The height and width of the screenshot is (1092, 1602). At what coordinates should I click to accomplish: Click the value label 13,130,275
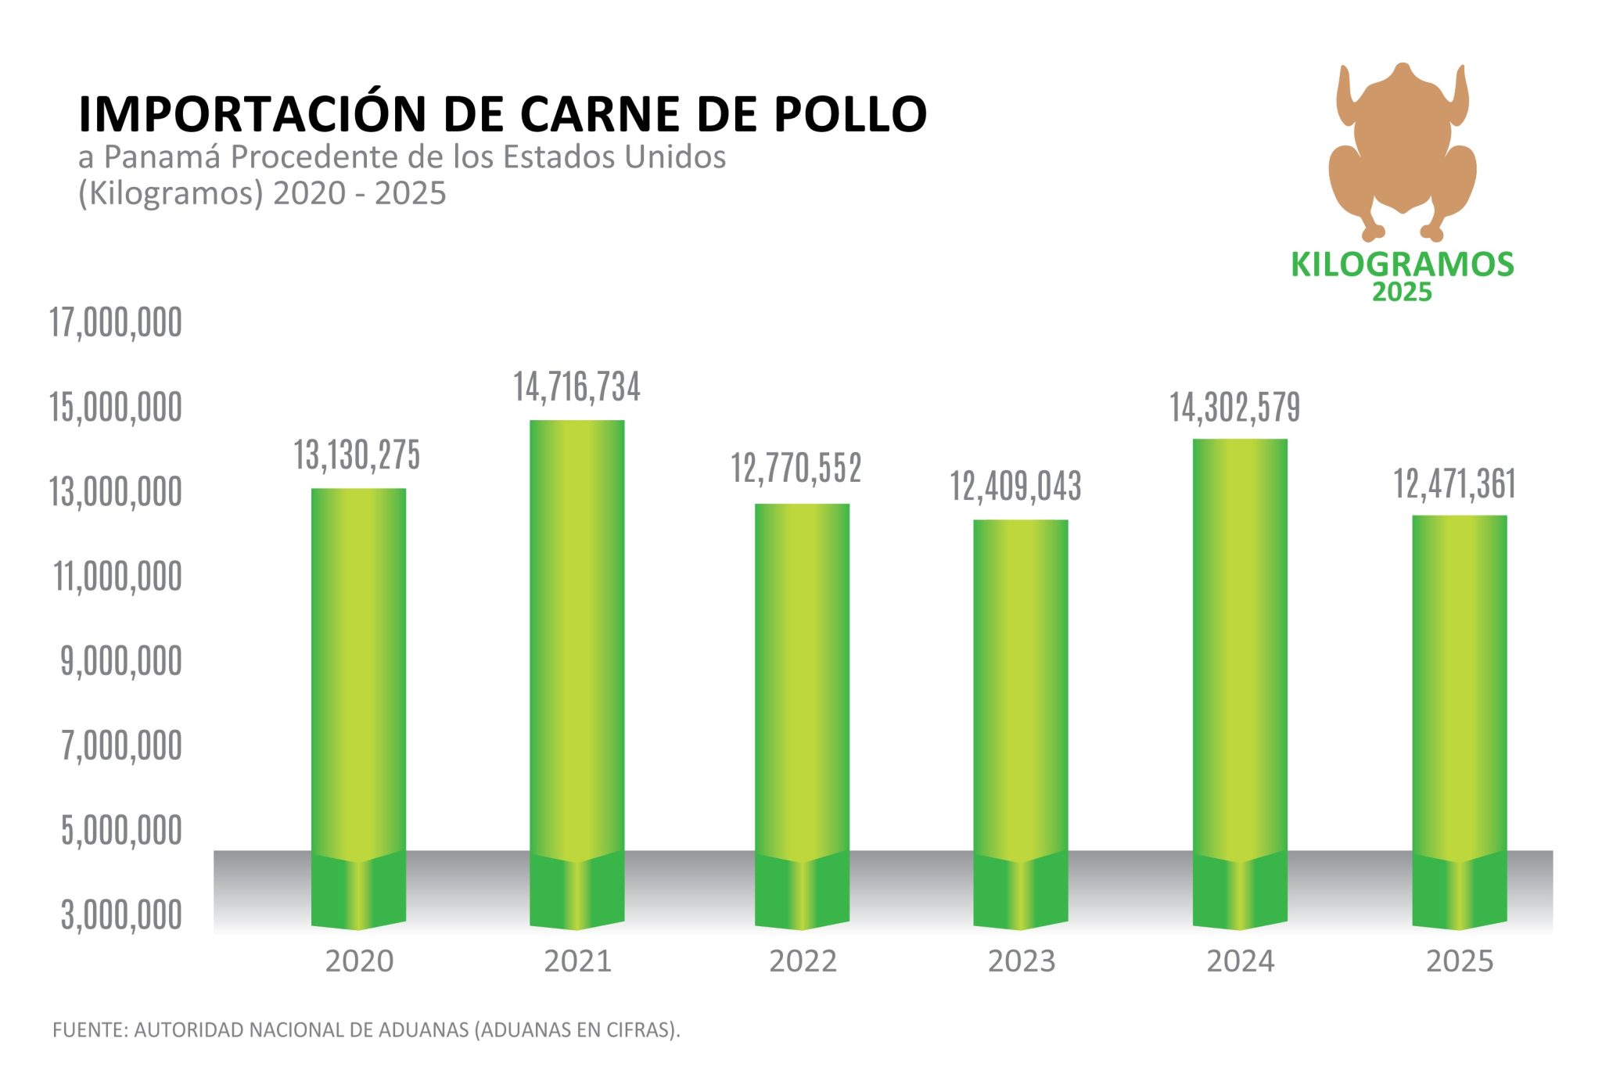tap(357, 455)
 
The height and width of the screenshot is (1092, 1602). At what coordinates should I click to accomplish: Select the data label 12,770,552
tap(796, 469)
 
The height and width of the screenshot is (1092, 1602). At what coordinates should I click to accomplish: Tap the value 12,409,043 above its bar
tap(1015, 487)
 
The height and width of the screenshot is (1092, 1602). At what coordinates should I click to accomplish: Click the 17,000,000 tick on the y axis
tap(116, 322)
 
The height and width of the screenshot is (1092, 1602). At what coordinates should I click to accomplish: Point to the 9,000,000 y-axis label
tap(121, 662)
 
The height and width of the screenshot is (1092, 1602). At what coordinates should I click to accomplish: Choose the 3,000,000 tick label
tap(121, 915)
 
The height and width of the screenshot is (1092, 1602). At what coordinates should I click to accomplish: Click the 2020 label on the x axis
tap(359, 961)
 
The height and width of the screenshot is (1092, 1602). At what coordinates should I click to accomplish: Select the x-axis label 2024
tap(1241, 961)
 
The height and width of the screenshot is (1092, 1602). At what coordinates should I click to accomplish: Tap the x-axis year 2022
tap(803, 961)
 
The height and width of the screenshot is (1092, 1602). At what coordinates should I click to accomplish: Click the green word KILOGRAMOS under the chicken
tap(1402, 264)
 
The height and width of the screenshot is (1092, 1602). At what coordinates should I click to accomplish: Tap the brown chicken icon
tap(1402, 149)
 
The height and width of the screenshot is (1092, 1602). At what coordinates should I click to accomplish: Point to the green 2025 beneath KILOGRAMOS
tap(1402, 293)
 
